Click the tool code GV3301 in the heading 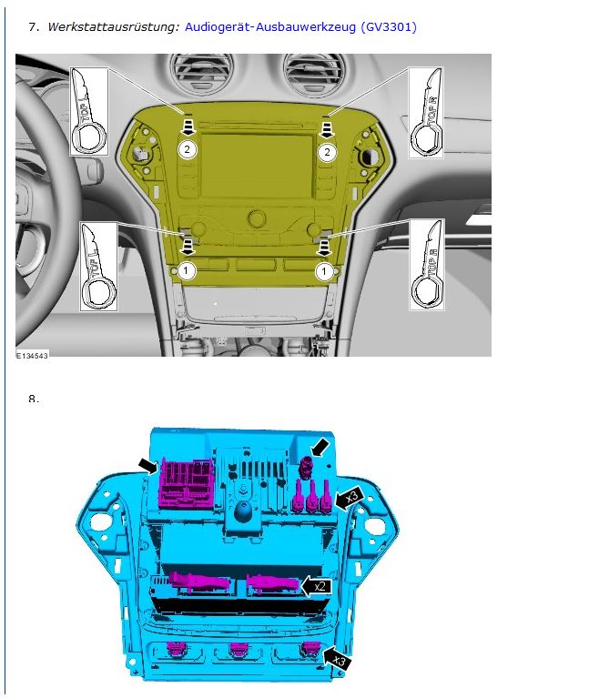click(x=389, y=27)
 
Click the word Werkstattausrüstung click(x=113, y=26)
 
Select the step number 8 click(x=34, y=399)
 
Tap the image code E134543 click(x=32, y=356)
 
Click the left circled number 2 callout click(x=187, y=149)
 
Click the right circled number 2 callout click(x=327, y=152)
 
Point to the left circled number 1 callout click(x=186, y=270)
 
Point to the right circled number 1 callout click(x=324, y=271)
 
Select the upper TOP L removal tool click(x=88, y=111)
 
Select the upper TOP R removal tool click(x=426, y=113)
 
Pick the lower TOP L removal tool click(x=98, y=267)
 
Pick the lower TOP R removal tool click(x=427, y=265)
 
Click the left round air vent click(x=203, y=73)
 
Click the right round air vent click(x=313, y=74)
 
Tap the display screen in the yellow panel click(x=257, y=166)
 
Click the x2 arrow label click(x=317, y=586)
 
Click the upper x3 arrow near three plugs click(x=349, y=498)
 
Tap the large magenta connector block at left click(x=186, y=483)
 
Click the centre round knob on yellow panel click(x=257, y=218)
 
